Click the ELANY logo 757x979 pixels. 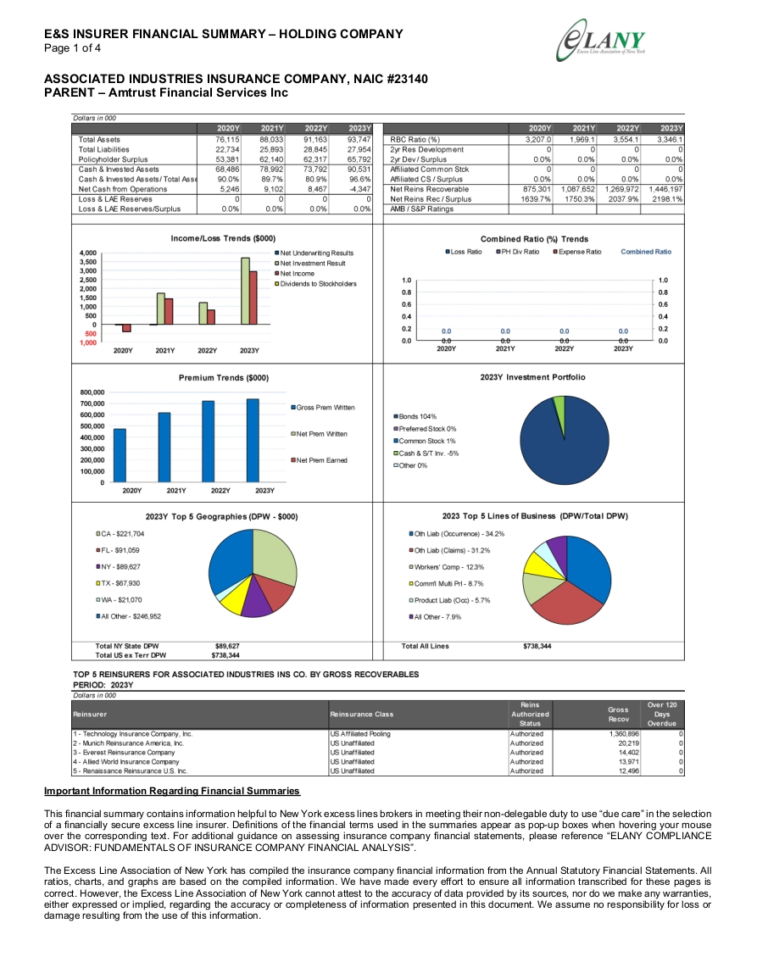(x=601, y=41)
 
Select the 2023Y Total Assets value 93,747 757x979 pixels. (x=359, y=140)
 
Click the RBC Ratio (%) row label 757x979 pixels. (x=415, y=140)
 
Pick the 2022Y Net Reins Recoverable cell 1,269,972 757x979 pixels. (x=621, y=189)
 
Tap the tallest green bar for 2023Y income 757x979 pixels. (x=246, y=291)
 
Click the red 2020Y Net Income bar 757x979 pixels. (x=127, y=328)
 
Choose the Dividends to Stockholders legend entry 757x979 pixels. (x=316, y=284)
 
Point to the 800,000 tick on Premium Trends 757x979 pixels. (x=92, y=392)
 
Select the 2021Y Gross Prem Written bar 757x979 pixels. (x=164, y=447)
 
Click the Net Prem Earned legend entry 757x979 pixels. (x=320, y=460)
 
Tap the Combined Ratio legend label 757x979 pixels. (x=646, y=252)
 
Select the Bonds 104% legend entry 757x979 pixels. (x=415, y=416)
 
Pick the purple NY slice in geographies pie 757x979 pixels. (x=258, y=599)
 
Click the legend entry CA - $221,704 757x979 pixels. (x=120, y=534)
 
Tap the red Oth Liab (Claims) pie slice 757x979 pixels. (x=565, y=602)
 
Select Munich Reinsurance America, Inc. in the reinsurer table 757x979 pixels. (x=129, y=743)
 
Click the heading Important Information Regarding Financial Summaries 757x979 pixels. (x=172, y=791)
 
